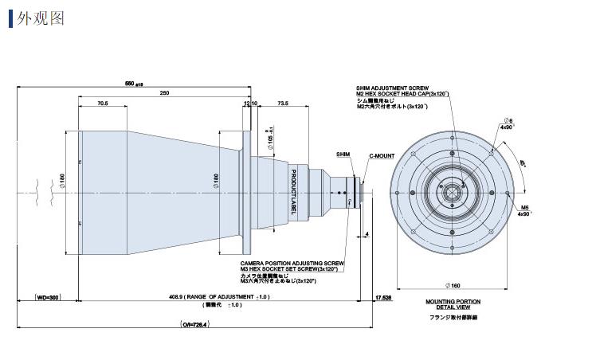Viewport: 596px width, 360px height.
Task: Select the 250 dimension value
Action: click(x=164, y=94)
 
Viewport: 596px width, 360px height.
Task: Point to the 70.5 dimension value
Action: click(x=102, y=104)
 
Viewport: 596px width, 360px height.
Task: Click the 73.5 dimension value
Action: click(x=282, y=104)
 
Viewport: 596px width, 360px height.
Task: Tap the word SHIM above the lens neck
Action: click(x=343, y=153)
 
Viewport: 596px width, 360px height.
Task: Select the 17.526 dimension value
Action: click(x=383, y=297)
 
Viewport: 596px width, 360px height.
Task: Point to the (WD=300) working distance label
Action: click(x=49, y=297)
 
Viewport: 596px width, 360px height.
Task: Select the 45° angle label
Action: click(x=523, y=165)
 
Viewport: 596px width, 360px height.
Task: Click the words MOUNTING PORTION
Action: click(x=452, y=301)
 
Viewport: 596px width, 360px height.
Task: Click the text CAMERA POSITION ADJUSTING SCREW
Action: click(x=292, y=262)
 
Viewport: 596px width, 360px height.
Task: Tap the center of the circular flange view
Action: click(x=452, y=192)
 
